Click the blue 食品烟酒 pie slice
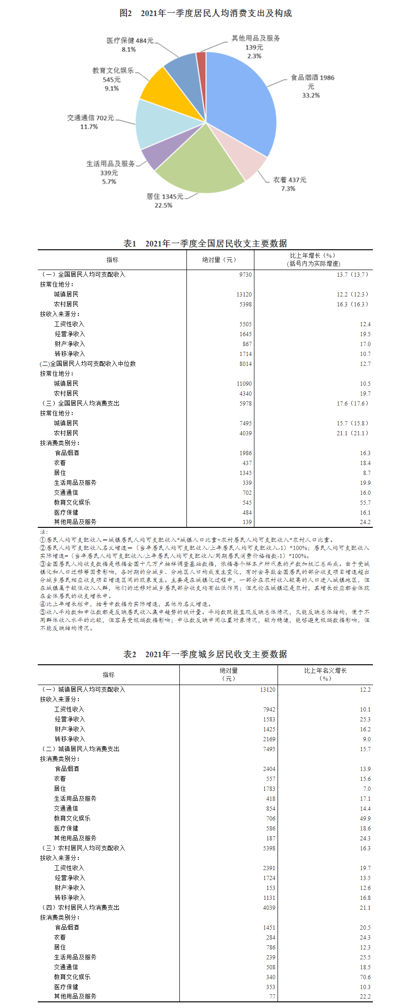coord(241,99)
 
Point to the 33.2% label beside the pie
coord(311,95)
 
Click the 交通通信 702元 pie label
coord(90,118)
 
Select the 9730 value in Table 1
coord(245,275)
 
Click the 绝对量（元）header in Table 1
coord(219,260)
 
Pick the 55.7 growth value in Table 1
coord(365,503)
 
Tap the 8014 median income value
coord(245,364)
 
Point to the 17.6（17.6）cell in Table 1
coord(352,404)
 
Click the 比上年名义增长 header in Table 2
coord(325,670)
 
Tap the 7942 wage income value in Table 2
coord(269,710)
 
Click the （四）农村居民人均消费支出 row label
coord(80,908)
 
